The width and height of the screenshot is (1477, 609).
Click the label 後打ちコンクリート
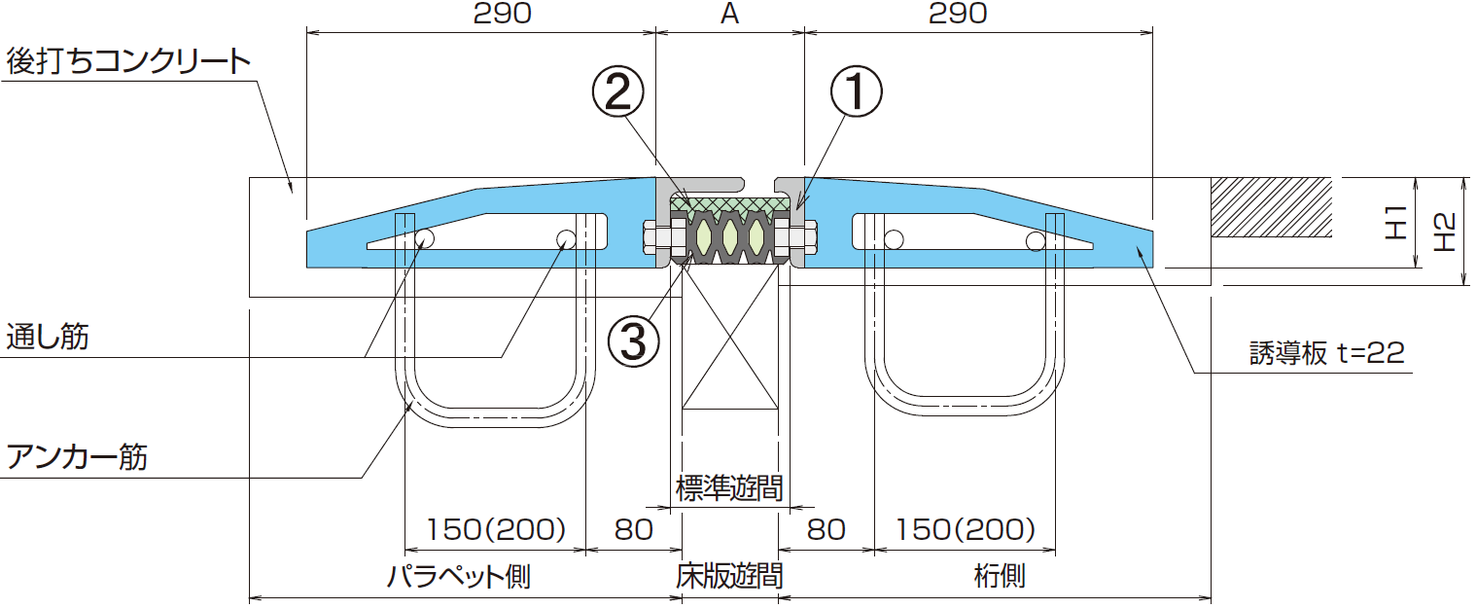(128, 62)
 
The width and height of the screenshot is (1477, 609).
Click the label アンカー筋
(77, 455)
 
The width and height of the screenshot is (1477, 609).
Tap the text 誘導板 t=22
(1326, 353)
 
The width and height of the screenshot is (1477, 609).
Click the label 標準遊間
(729, 487)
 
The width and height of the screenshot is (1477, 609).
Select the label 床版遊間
(729, 576)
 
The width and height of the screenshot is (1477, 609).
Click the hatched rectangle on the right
(1270, 207)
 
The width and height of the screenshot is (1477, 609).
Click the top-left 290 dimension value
(502, 14)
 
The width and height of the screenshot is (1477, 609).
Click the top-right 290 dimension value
(957, 14)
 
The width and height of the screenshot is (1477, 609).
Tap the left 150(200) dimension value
(496, 530)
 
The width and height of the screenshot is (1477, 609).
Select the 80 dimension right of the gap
(826, 530)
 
